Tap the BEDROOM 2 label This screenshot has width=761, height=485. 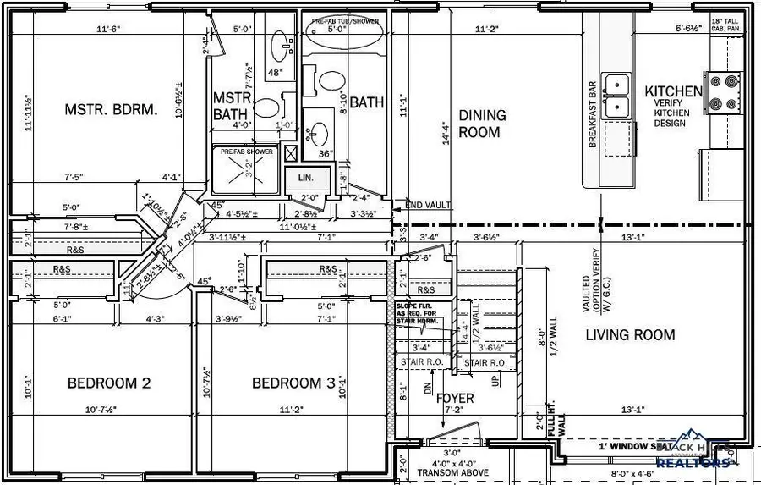(109, 383)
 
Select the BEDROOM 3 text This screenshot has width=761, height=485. (293, 383)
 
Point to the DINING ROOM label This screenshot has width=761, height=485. (482, 124)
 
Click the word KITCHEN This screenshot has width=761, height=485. (673, 91)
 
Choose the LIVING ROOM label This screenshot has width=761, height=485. (630, 335)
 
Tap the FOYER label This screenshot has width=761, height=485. (455, 399)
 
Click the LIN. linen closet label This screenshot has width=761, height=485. (305, 178)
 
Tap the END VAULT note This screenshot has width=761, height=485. (428, 205)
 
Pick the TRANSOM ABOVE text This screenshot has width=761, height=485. (459, 474)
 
